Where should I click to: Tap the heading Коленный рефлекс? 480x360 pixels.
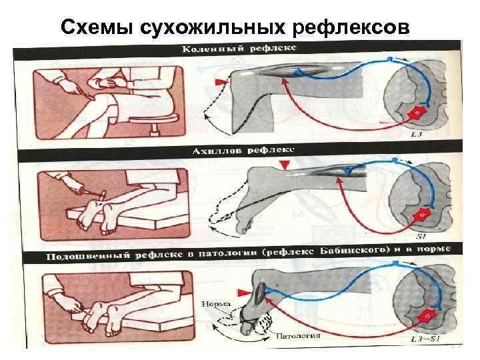point(241,48)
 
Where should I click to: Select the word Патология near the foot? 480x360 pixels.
point(298,335)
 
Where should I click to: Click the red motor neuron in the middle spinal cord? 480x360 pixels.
point(422,214)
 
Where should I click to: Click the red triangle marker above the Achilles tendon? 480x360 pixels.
point(285,165)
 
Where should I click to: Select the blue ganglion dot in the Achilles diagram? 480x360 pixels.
point(395,161)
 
